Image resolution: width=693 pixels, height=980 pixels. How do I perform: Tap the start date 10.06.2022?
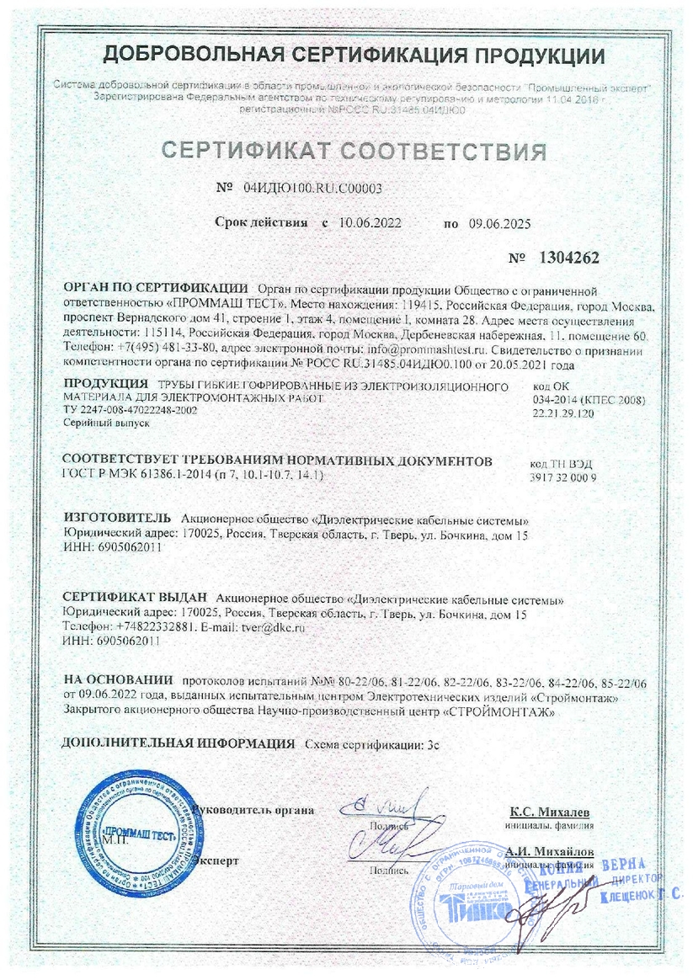click(x=370, y=223)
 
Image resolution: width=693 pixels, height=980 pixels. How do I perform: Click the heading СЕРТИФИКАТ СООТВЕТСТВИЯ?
click(x=354, y=152)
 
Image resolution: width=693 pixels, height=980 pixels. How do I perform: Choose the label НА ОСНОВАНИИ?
click(x=118, y=680)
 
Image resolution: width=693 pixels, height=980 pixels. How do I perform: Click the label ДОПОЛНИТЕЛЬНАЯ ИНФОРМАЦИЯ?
click(x=179, y=744)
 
